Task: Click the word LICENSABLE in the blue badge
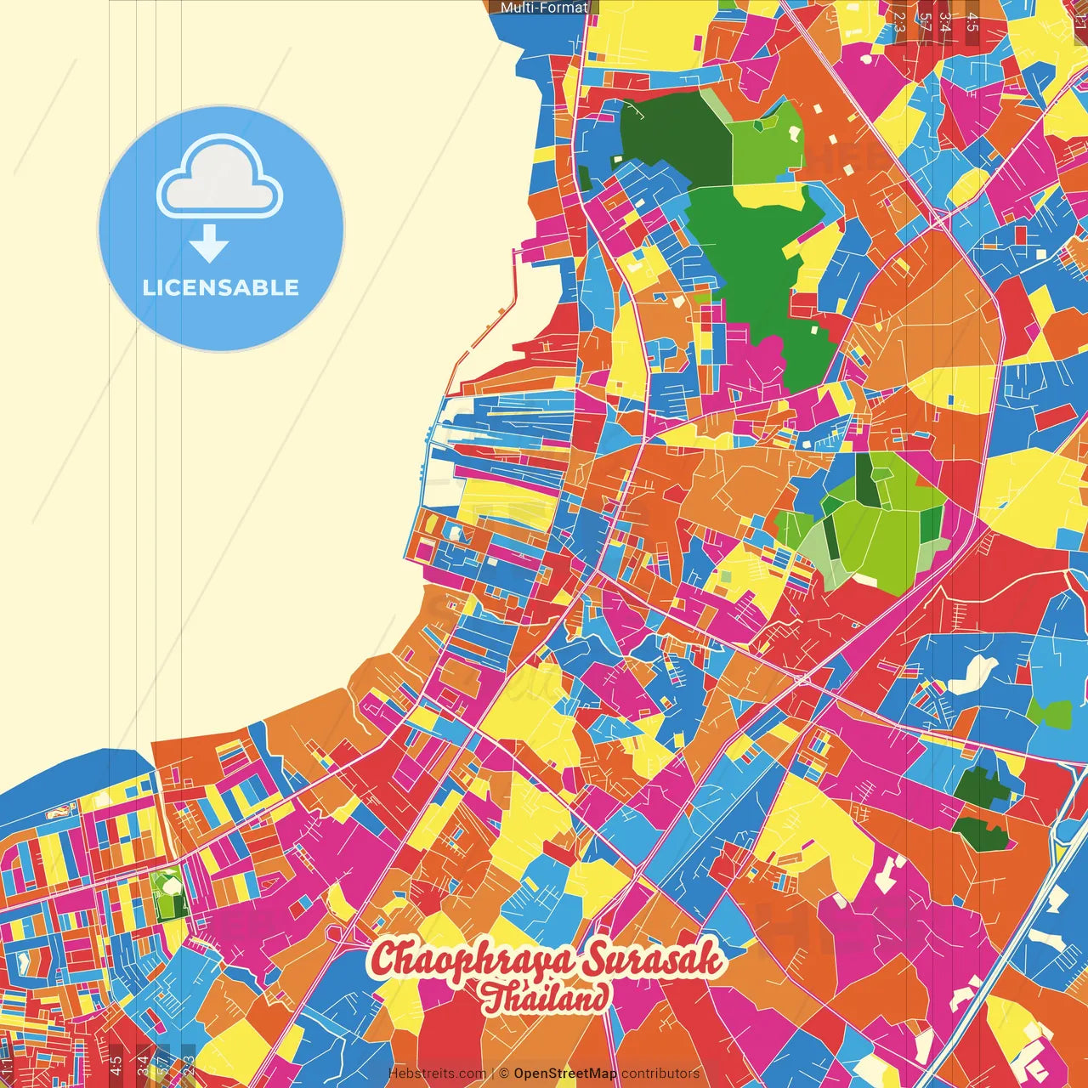[221, 287]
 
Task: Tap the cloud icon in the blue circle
[220, 180]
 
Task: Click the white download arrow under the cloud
[209, 243]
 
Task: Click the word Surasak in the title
[653, 960]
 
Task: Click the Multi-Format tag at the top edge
[544, 8]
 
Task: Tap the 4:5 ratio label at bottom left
[116, 1065]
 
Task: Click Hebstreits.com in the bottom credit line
[437, 1074]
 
